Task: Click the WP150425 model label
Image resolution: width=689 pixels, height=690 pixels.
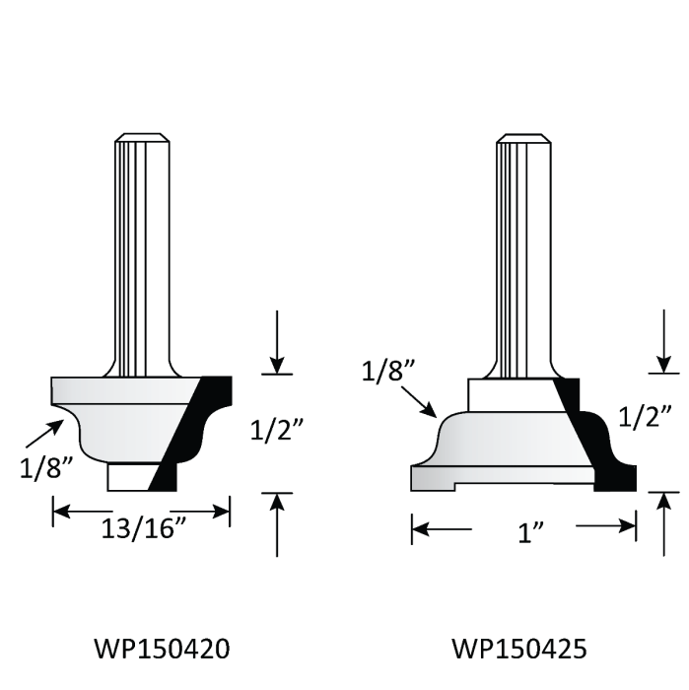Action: [520, 649]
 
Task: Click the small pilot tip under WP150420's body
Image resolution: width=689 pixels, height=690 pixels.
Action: [128, 474]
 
